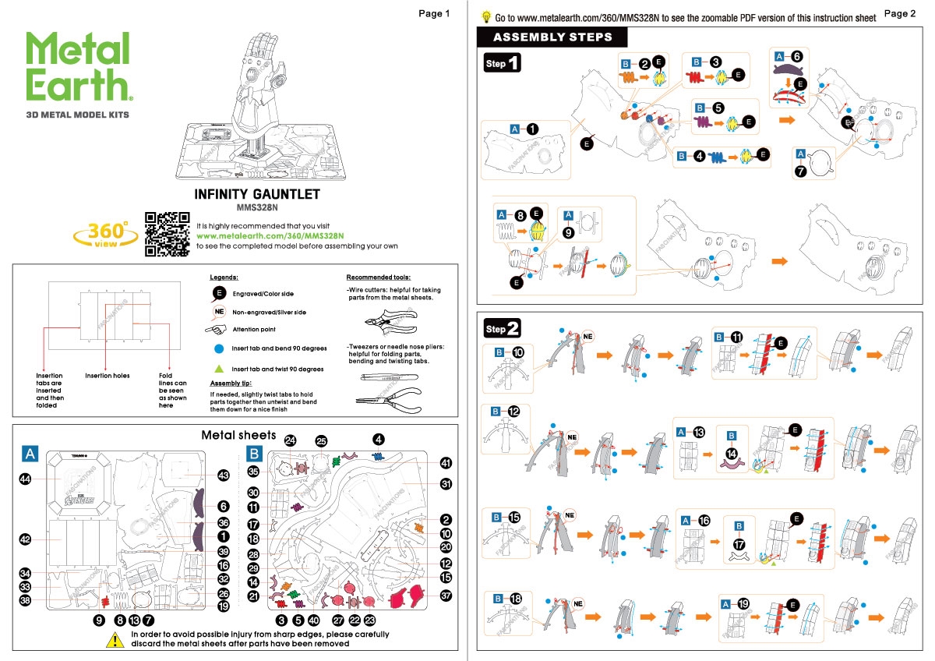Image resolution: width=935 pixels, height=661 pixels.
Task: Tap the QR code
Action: point(168,234)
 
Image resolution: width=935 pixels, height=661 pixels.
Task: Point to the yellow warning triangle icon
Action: point(115,639)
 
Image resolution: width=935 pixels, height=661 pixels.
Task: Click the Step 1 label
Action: point(503,63)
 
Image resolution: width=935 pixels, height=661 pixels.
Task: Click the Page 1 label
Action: point(434,13)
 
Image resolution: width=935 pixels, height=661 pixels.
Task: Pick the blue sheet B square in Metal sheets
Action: point(254,453)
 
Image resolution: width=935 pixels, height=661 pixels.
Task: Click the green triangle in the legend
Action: point(220,369)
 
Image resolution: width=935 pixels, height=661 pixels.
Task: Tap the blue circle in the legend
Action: point(220,348)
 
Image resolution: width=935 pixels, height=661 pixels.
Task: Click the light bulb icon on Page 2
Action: point(486,16)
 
